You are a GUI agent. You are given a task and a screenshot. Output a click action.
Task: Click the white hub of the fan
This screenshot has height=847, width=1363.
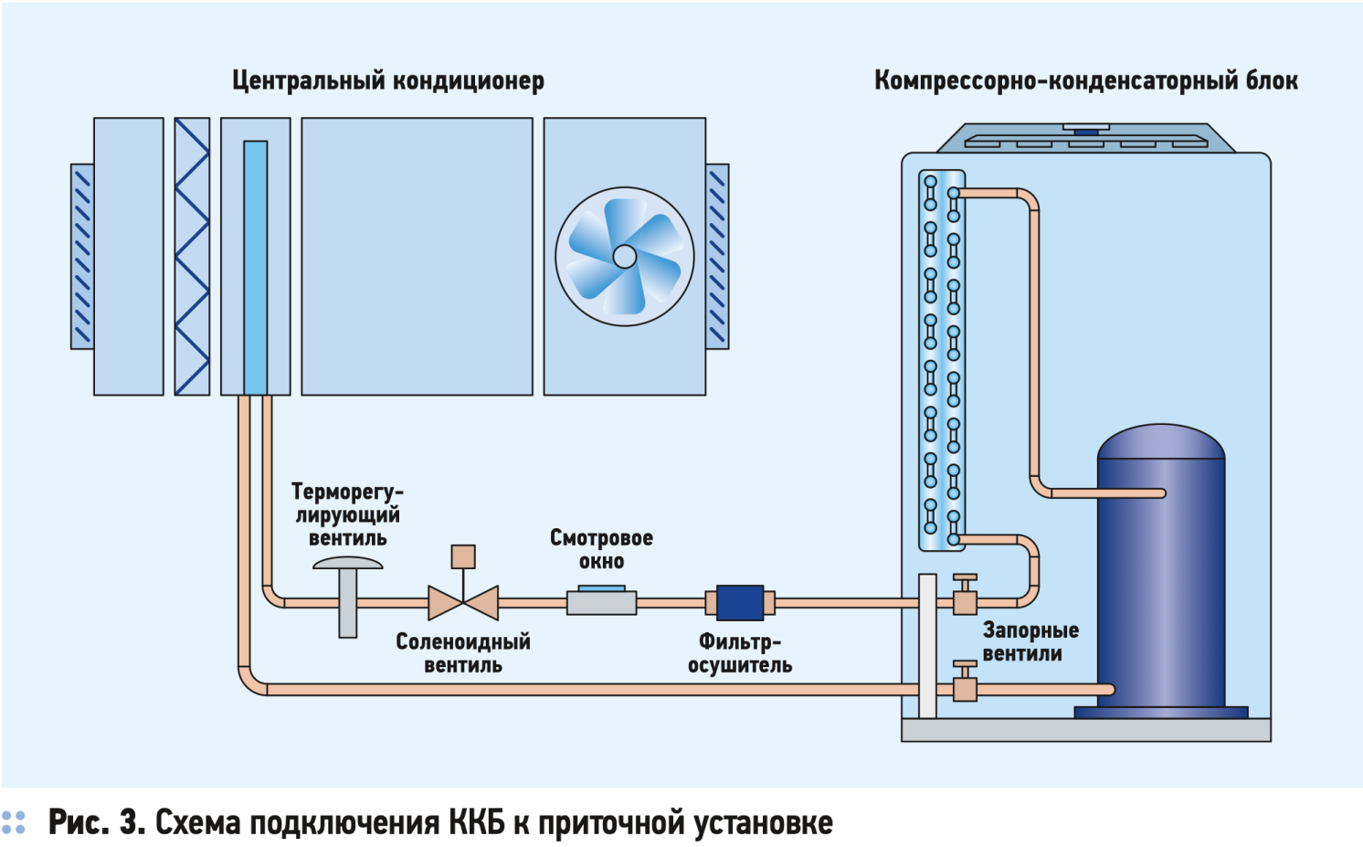[625, 257]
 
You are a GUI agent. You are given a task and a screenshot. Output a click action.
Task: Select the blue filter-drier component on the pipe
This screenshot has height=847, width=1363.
[740, 603]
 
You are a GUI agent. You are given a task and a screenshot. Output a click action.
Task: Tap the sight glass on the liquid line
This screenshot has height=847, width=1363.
[601, 602]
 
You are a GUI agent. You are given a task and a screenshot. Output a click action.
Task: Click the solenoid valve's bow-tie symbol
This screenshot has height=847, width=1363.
[463, 603]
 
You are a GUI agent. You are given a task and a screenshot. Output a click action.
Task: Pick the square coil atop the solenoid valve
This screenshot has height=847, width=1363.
[463, 556]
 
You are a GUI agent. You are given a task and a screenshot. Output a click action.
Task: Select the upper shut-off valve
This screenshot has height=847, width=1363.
[965, 598]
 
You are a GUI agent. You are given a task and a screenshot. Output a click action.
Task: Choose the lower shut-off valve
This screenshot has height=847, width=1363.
[965, 683]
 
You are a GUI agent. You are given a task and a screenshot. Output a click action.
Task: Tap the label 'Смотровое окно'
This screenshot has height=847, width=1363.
[601, 549]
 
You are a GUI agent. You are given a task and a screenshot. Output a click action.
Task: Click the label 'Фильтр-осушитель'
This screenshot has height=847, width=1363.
[740, 653]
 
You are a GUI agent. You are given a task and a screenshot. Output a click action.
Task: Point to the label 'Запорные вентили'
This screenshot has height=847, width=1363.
[1030, 641]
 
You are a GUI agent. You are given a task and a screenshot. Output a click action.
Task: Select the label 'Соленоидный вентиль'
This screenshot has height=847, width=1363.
[463, 653]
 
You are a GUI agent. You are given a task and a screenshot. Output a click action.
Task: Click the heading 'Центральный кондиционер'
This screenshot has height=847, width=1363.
[388, 80]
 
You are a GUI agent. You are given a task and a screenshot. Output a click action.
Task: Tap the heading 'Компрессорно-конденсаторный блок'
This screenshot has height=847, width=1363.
[1085, 80]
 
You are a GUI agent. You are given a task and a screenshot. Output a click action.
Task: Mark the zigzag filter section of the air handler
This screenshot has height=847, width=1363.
[192, 257]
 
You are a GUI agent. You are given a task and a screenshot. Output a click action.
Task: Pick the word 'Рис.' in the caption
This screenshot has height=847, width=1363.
[78, 822]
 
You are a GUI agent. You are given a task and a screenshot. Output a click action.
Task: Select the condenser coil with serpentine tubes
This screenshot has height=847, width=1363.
[942, 361]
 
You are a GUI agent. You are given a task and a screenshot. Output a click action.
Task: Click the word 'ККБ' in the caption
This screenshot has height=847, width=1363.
[477, 822]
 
